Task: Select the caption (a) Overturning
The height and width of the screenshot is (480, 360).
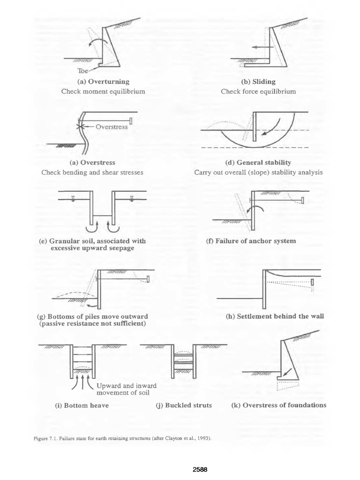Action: coord(103,82)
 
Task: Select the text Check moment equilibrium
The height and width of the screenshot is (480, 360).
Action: coord(103,91)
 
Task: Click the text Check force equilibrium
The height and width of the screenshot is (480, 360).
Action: coord(258,91)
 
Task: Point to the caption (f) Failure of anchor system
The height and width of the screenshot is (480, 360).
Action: coord(251,241)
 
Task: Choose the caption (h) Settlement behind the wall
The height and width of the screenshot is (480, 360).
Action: coord(274,316)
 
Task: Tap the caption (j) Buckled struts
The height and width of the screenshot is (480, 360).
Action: coord(183,405)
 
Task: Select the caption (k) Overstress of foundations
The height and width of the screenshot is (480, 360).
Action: coord(279,405)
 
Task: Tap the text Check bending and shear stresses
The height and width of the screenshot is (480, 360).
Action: coord(92,172)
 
